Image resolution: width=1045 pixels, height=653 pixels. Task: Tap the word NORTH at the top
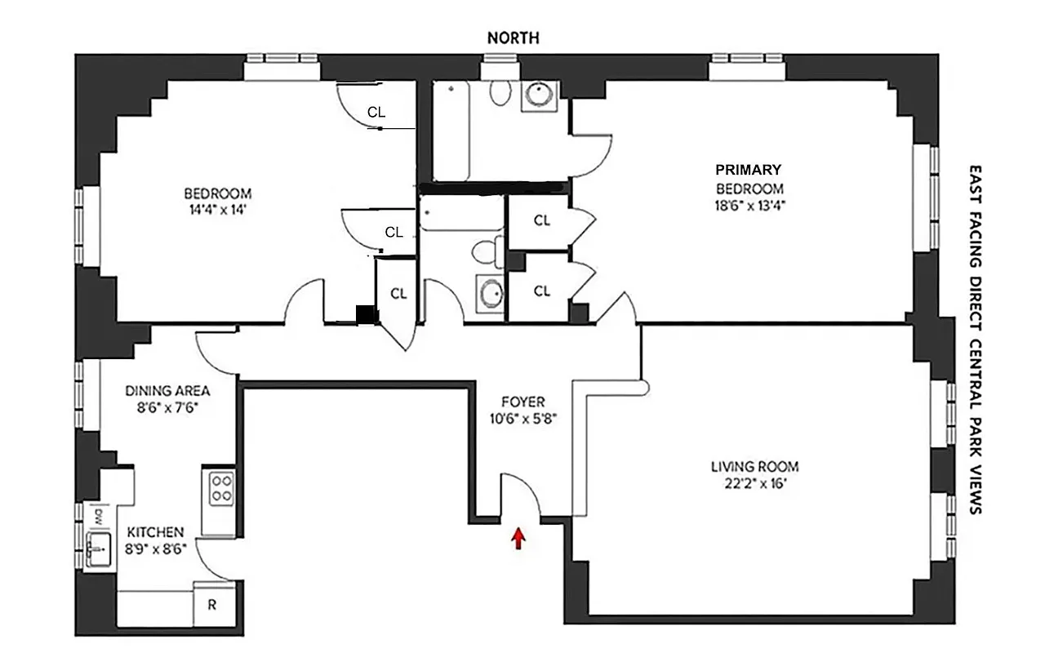point(513,38)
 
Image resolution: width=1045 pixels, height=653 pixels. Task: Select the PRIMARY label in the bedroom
point(748,170)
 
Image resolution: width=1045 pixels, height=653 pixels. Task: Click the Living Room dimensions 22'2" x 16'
point(754,482)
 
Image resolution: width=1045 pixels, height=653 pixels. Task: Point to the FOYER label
point(523,402)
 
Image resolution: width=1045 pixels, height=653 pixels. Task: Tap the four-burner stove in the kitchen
point(220,490)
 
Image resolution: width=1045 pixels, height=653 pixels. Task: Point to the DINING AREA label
point(167,390)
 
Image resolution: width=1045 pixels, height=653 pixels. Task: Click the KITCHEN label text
point(155,532)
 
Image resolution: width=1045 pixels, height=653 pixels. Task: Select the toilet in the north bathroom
point(500,93)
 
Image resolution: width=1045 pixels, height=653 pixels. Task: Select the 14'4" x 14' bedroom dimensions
point(217,209)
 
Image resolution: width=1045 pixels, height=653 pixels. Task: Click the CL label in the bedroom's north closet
point(376,113)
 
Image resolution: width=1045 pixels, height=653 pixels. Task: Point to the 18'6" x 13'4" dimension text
point(749,205)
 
